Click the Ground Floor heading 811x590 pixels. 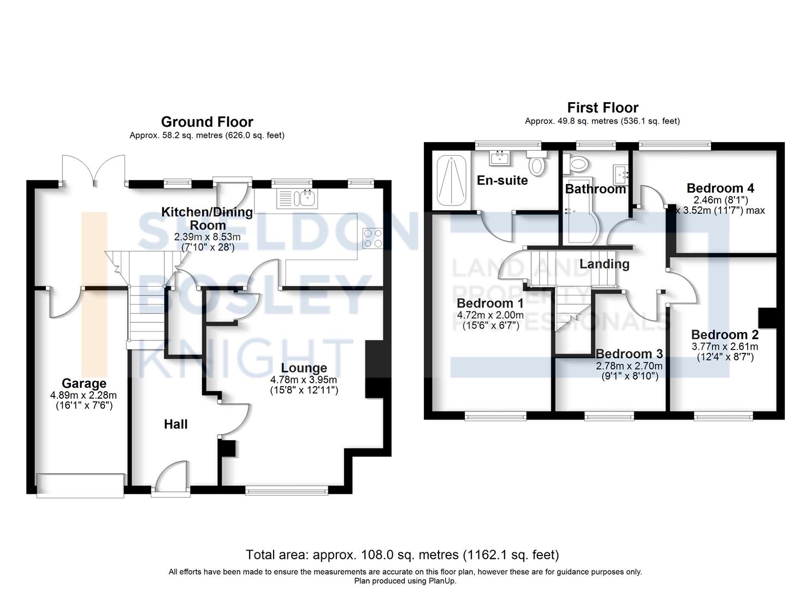[x=207, y=122]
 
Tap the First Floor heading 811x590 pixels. [x=602, y=108]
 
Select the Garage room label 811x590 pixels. [x=84, y=383]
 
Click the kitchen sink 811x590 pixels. [x=297, y=199]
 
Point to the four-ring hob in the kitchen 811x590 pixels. [x=373, y=239]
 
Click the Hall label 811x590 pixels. [x=176, y=424]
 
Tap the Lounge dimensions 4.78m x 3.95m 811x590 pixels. [x=304, y=380]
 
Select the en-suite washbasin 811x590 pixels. [x=500, y=158]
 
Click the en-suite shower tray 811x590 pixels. [x=452, y=180]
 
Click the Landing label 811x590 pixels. [x=604, y=264]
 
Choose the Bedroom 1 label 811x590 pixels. [x=490, y=303]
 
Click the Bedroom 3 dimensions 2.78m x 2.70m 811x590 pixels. [x=629, y=366]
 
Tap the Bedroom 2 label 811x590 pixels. [x=725, y=334]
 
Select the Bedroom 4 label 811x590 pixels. [x=720, y=188]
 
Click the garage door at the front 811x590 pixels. [x=80, y=485]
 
